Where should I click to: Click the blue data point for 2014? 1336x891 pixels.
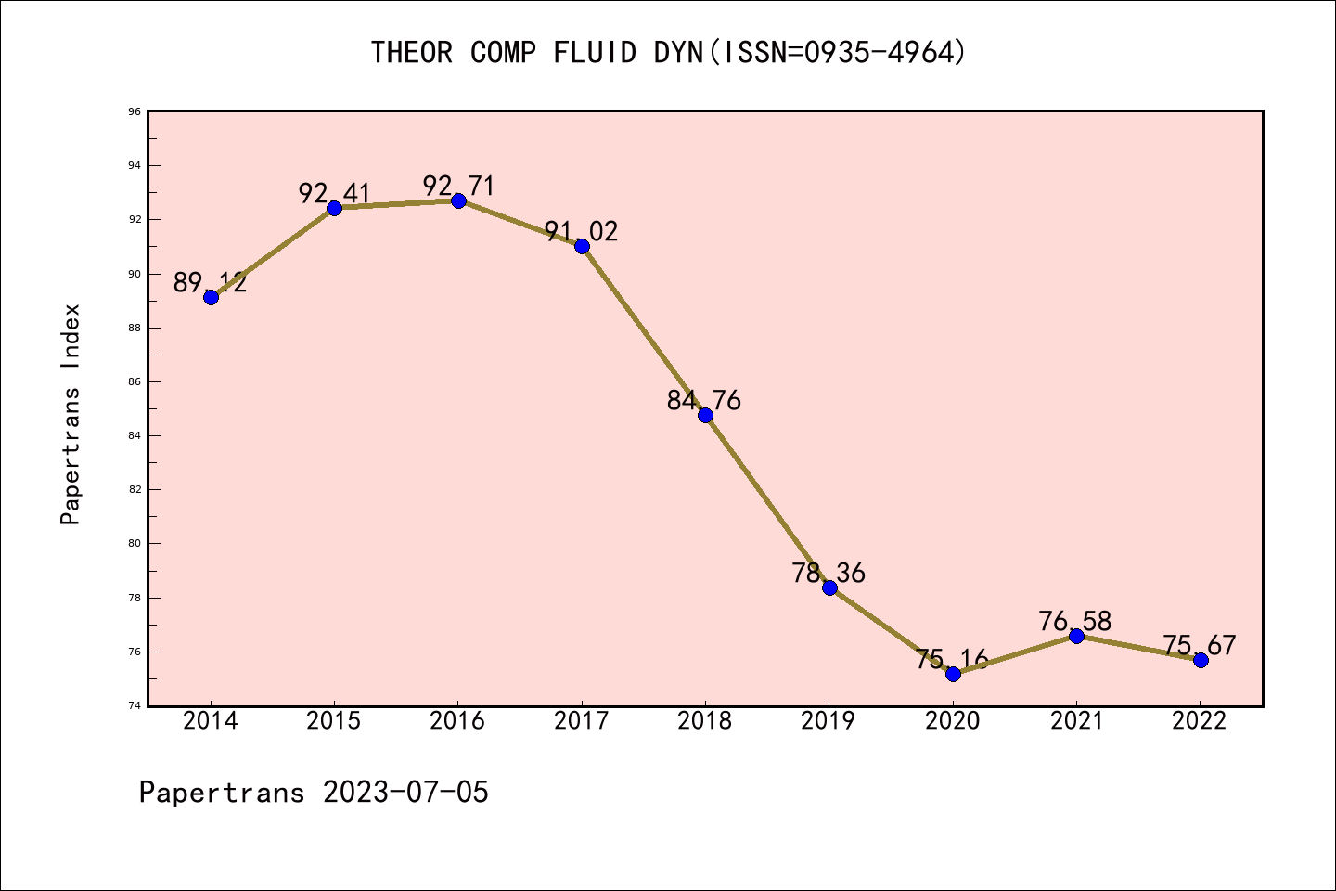pyautogui.click(x=211, y=297)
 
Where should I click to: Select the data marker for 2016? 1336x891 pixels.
pyautogui.click(x=458, y=200)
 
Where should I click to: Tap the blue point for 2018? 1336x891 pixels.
pyautogui.click(x=705, y=415)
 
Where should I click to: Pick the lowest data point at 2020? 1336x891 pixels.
pyautogui.click(x=953, y=674)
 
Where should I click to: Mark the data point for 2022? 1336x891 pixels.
pyautogui.click(x=1201, y=660)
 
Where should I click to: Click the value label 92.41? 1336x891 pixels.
pyautogui.click(x=334, y=193)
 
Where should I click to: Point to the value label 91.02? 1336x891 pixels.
pyautogui.click(x=581, y=231)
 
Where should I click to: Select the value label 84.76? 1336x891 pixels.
pyautogui.click(x=704, y=400)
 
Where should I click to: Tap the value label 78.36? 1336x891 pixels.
pyautogui.click(x=829, y=573)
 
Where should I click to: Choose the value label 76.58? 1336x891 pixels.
pyautogui.click(x=1075, y=621)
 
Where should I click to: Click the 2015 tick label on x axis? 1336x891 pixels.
pyautogui.click(x=334, y=721)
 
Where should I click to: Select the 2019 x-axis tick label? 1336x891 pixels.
pyautogui.click(x=829, y=721)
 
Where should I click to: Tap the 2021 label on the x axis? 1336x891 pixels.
pyautogui.click(x=1076, y=721)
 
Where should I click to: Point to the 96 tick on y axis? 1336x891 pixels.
pyautogui.click(x=135, y=111)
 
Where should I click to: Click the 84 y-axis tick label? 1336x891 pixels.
pyautogui.click(x=135, y=435)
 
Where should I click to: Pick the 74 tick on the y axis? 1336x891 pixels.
pyautogui.click(x=135, y=705)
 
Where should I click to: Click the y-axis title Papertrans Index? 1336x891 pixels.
pyautogui.click(x=71, y=414)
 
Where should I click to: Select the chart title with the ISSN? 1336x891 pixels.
pyautogui.click(x=668, y=52)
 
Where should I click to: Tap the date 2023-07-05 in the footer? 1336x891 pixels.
pyautogui.click(x=405, y=792)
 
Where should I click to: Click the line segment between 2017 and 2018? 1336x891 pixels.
pyautogui.click(x=643, y=330)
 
